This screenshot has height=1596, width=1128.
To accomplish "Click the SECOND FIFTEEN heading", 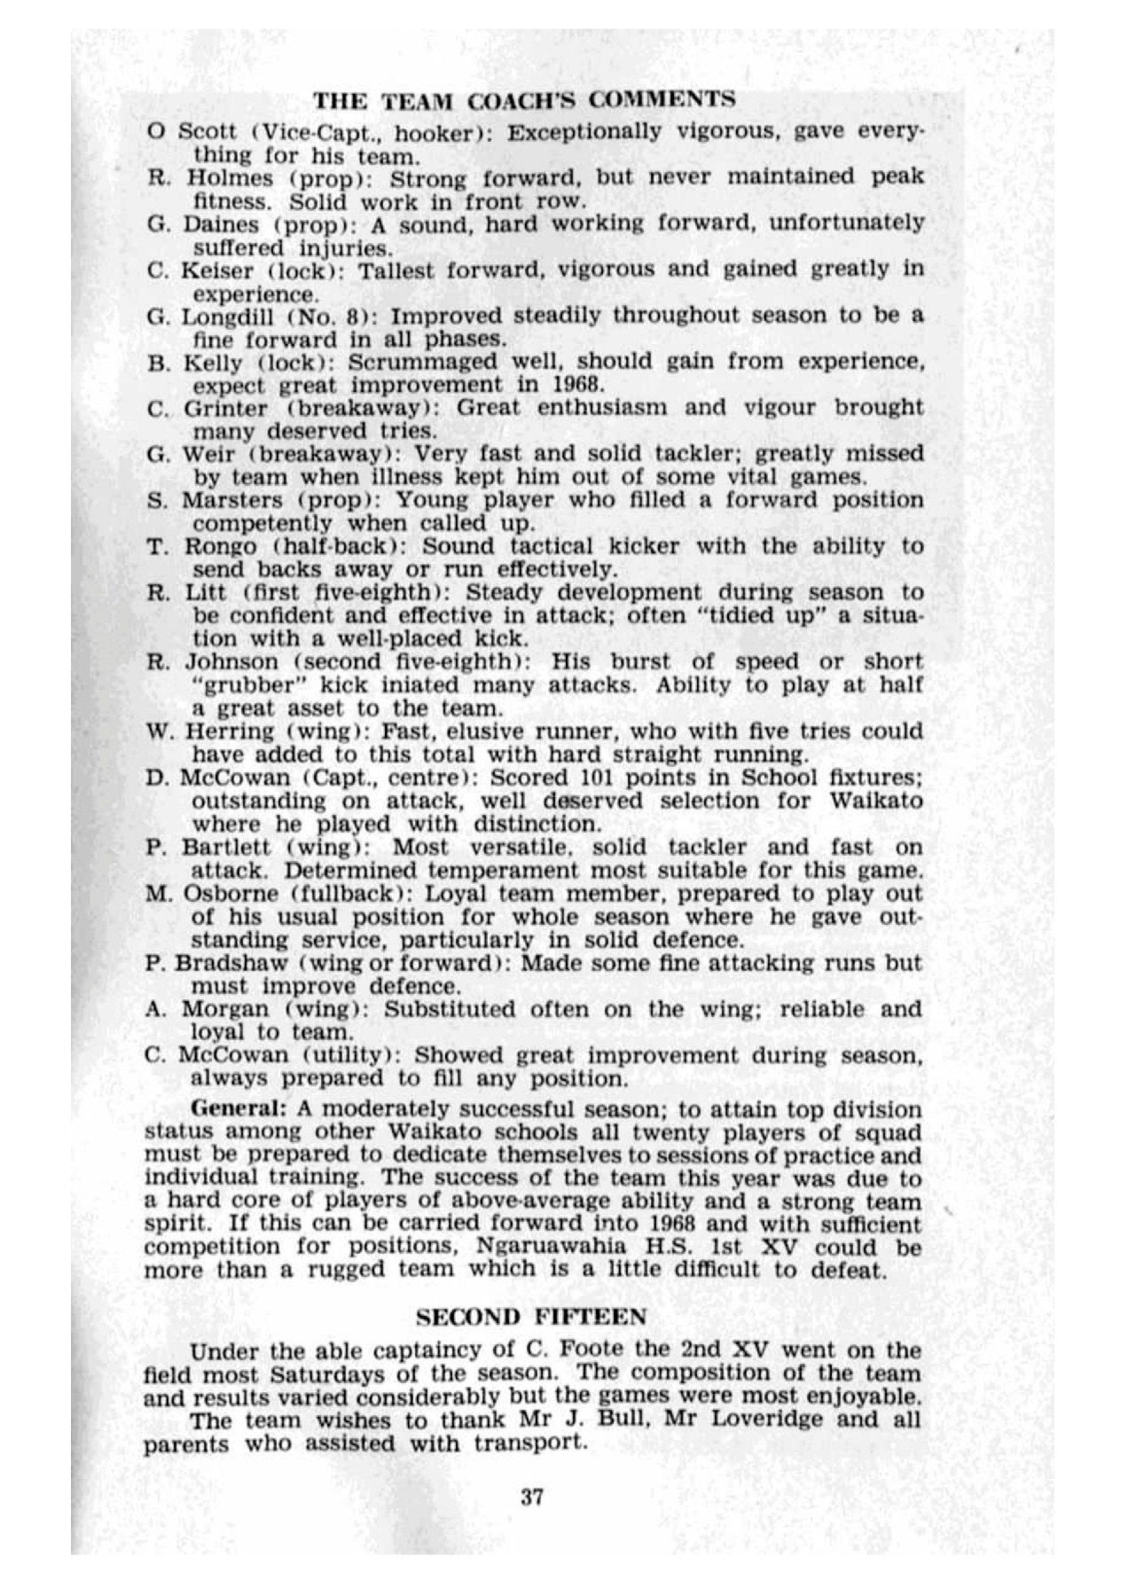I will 531,1317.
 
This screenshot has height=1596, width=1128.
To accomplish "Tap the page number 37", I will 532,1498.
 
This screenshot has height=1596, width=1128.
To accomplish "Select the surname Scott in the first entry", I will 207,132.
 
